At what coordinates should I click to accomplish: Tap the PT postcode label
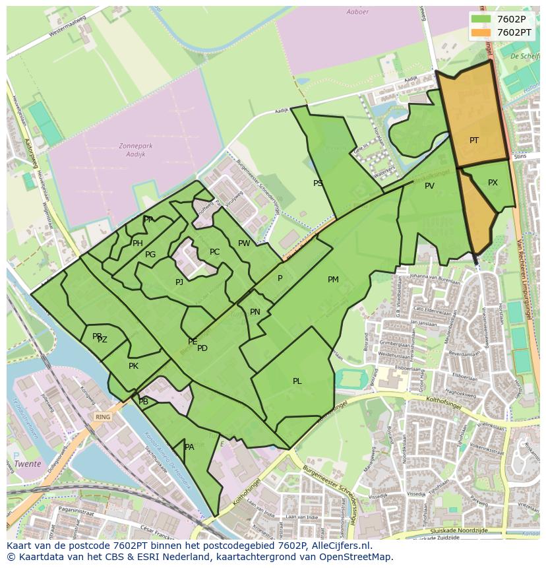[474, 141]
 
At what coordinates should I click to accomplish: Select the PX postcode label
[493, 183]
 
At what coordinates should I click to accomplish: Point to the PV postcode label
[429, 186]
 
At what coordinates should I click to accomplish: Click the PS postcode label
[318, 183]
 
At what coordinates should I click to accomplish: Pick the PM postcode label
[333, 280]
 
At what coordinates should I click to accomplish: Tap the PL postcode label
[297, 381]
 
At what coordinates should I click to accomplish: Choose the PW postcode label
[244, 243]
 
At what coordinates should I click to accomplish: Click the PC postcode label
[214, 252]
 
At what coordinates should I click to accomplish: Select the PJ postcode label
[179, 282]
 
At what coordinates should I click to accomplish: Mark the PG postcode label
[150, 255]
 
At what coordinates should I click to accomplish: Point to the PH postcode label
[137, 243]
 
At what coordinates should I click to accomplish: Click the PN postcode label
[255, 312]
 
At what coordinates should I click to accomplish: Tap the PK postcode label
[133, 366]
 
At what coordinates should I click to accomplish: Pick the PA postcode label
[189, 447]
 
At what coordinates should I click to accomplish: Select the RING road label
[103, 417]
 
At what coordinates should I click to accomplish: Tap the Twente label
[28, 464]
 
